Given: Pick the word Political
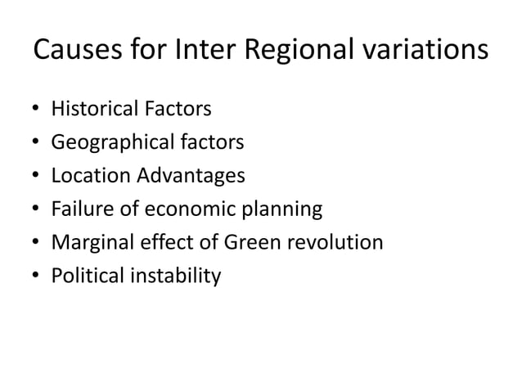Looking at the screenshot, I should [84, 276].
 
